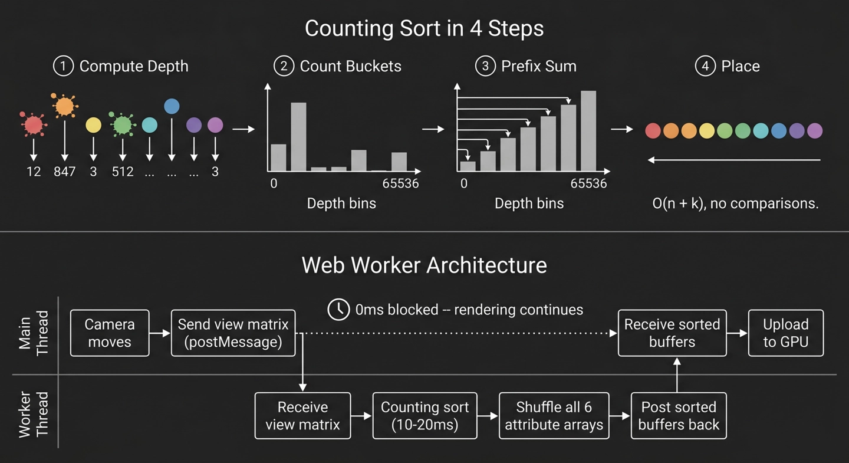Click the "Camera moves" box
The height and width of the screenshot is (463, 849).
coord(110,333)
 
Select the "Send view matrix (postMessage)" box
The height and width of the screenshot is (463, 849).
coord(233,333)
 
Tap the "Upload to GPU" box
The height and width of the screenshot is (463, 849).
coord(785,333)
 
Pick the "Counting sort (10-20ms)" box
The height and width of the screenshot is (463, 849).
coord(424,416)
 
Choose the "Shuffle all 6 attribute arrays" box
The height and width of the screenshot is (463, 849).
coord(554,416)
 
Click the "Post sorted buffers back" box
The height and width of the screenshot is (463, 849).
coord(678,416)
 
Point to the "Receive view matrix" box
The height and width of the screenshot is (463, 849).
coord(302,416)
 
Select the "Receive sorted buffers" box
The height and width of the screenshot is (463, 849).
coord(672,333)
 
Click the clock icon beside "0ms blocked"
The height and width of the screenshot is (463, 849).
coord(338,310)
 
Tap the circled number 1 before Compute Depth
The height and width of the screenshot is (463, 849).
coord(63,65)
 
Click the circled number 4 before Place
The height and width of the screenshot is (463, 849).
coord(705,65)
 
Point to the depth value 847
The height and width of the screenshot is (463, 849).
coord(64,172)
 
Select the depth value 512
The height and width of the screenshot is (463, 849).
coord(123,172)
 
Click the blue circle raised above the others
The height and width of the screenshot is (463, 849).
coord(172,106)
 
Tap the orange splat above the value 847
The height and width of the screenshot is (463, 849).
coord(64,106)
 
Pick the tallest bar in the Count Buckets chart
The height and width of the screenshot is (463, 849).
coord(298,137)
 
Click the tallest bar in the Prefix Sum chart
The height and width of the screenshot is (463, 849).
coord(588,131)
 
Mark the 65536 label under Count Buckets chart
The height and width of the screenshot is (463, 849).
coord(400,183)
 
